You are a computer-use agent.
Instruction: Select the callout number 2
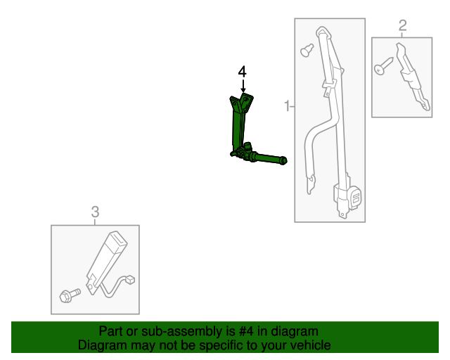tap(402, 26)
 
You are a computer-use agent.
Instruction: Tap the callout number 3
tap(95, 211)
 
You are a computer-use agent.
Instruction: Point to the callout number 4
tap(243, 72)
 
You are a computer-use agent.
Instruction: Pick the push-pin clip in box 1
tap(307, 50)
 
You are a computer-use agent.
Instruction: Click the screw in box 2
tap(382, 67)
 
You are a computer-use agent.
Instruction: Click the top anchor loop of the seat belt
tap(323, 33)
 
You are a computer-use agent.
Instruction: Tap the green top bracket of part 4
tap(241, 103)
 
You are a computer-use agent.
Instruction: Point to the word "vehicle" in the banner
tap(308, 345)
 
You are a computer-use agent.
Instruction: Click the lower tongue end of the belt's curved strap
tap(309, 186)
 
